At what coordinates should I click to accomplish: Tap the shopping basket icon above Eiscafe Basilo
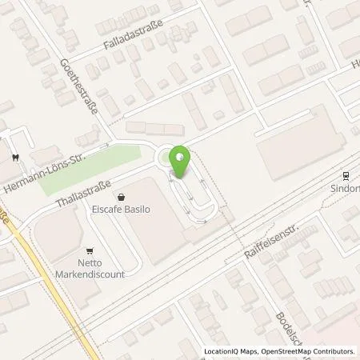click(x=121, y=195)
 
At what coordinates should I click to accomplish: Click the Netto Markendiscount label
click(x=90, y=268)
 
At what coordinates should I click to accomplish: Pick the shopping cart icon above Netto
click(x=90, y=250)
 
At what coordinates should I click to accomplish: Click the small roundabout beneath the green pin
click(x=170, y=158)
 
